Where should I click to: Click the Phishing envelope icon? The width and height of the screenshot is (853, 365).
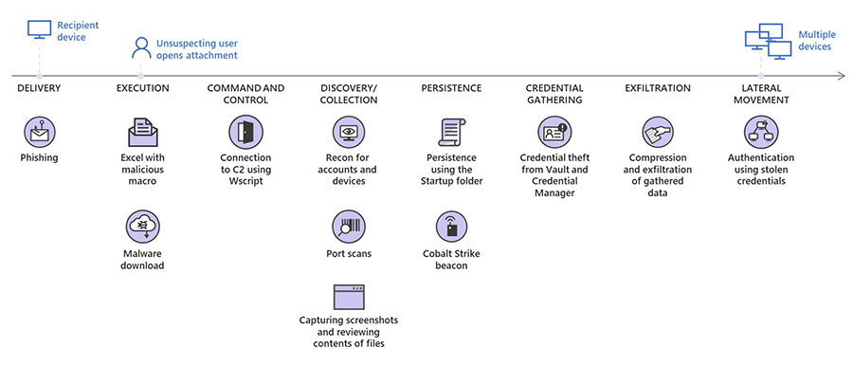tap(39, 132)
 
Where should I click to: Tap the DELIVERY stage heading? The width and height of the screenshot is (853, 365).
tap(39, 88)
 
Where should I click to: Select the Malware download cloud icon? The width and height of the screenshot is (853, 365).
tap(142, 228)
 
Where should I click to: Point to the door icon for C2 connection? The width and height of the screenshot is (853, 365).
tap(245, 132)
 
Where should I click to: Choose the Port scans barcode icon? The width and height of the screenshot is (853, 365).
tap(349, 228)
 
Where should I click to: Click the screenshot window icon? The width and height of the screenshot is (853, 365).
tap(349, 297)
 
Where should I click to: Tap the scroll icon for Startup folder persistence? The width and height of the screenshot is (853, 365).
tap(451, 132)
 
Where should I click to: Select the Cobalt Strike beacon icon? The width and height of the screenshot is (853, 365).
tap(451, 228)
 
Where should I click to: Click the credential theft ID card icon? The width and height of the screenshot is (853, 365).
tap(554, 132)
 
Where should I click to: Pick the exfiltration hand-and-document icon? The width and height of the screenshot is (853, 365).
tap(657, 132)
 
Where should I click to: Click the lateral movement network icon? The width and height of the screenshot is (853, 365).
tap(760, 132)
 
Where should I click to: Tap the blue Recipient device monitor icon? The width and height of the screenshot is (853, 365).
tap(39, 29)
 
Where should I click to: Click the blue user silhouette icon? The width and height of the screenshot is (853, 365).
tap(141, 47)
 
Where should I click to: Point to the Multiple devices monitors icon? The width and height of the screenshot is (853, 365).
tap(768, 42)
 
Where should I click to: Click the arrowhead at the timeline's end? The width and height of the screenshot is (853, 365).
tap(843, 76)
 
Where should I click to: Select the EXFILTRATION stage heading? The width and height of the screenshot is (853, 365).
tap(657, 88)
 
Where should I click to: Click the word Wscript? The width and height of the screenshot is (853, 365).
tap(245, 181)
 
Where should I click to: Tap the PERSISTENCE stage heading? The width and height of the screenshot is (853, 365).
tap(451, 88)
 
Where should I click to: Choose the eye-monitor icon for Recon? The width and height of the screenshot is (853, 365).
tap(349, 132)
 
